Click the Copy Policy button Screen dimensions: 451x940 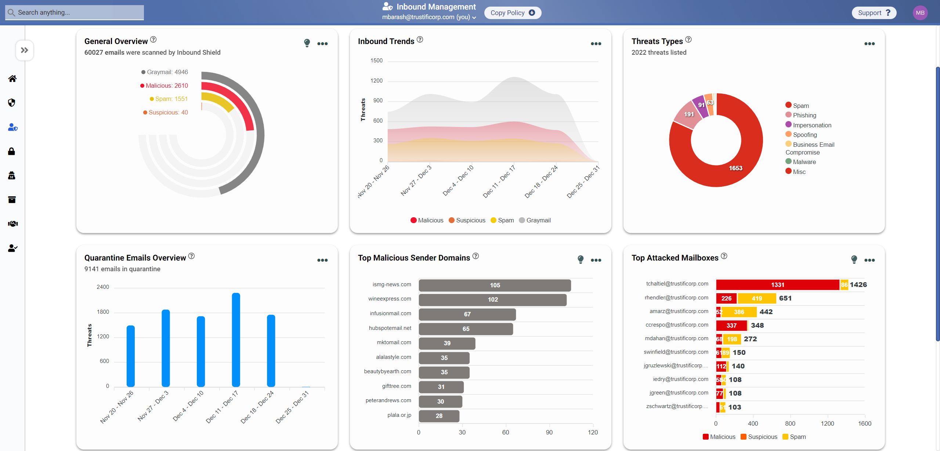pyautogui.click(x=513, y=13)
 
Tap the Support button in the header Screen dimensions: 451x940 pyautogui.click(x=874, y=13)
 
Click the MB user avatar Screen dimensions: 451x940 pyautogui.click(x=920, y=13)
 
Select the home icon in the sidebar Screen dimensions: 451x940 pyautogui.click(x=12, y=79)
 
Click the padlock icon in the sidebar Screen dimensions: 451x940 pyautogui.click(x=12, y=151)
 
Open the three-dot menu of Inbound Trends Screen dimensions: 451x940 pyautogui.click(x=596, y=44)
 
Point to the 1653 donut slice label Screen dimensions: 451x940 pyautogui.click(x=735, y=168)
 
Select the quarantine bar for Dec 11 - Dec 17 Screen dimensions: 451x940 pyautogui.click(x=236, y=339)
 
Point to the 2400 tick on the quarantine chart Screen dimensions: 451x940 pyautogui.click(x=103, y=287)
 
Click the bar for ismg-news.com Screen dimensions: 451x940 pyautogui.click(x=495, y=285)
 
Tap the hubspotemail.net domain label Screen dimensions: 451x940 pyautogui.click(x=390, y=328)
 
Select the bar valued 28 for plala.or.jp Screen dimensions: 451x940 pyautogui.click(x=439, y=416)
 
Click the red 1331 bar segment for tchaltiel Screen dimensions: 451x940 pyautogui.click(x=777, y=285)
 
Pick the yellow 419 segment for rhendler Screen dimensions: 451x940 pyautogui.click(x=756, y=298)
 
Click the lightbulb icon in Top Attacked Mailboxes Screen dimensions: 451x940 pyautogui.click(x=854, y=259)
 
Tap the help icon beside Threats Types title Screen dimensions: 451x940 pyautogui.click(x=688, y=40)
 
